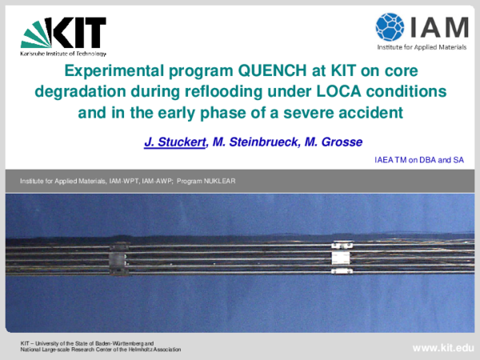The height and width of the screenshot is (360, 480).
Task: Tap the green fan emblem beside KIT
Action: pos(36,34)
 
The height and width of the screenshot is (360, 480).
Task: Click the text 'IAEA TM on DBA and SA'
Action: pos(419,161)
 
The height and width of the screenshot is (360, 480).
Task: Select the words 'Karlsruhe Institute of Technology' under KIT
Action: pos(63,54)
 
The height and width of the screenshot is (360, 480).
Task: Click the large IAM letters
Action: pos(439,26)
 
